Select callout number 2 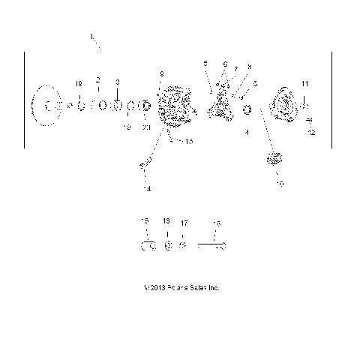point(97,79)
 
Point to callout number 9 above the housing point(161,73)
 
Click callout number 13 point(188,141)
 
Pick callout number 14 point(148,189)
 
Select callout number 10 point(280,183)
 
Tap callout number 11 point(304,82)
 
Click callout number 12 point(312,132)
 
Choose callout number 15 point(145,220)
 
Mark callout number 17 point(184,222)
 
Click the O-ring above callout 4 point(247,111)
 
